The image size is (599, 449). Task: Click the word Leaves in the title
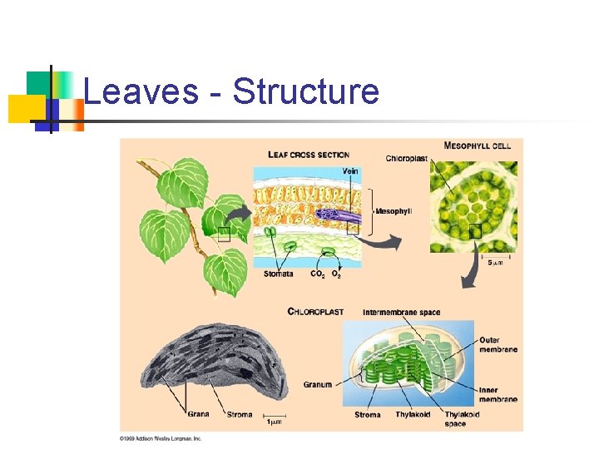pyautogui.click(x=141, y=91)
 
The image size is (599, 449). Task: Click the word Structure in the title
pyautogui.click(x=305, y=91)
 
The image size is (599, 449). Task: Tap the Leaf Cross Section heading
pyautogui.click(x=308, y=154)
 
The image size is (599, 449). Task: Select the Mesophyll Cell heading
pyautogui.click(x=478, y=146)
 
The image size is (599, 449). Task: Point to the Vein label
pyautogui.click(x=351, y=171)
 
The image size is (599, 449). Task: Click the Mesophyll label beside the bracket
pyautogui.click(x=394, y=211)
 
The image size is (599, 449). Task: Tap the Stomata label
pyautogui.click(x=278, y=274)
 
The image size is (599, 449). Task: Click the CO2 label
pyautogui.click(x=318, y=274)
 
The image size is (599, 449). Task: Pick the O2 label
pyautogui.click(x=336, y=274)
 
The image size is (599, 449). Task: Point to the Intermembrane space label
pyautogui.click(x=402, y=313)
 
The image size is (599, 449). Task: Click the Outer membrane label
pyautogui.click(x=498, y=344)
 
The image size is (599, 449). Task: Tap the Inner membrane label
pyautogui.click(x=498, y=395)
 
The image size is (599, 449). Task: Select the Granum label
pyautogui.click(x=318, y=385)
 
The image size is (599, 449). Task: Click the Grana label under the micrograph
pyautogui.click(x=198, y=414)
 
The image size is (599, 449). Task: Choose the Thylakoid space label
pyautogui.click(x=462, y=419)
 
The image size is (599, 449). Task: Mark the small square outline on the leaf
pyautogui.click(x=224, y=234)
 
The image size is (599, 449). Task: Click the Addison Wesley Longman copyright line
pyautogui.click(x=161, y=437)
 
